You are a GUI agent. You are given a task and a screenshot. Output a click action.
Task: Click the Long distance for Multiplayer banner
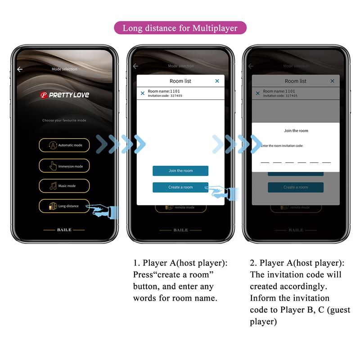click(180, 28)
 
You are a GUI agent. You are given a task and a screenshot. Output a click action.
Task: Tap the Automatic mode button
click(64, 145)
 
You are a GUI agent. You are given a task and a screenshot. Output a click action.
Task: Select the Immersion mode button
click(64, 166)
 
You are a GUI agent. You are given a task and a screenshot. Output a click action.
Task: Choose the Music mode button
click(64, 186)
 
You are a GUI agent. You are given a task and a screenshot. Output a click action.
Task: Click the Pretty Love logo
click(64, 95)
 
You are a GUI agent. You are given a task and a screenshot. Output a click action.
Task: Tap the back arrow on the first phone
click(20, 69)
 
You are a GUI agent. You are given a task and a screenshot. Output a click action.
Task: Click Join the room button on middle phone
click(180, 171)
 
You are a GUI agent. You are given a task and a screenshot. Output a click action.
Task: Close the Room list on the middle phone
click(217, 81)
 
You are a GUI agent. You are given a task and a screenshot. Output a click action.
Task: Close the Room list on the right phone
click(333, 81)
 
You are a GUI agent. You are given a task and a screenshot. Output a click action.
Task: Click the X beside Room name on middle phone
click(143, 93)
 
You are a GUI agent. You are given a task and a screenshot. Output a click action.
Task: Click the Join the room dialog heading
click(296, 130)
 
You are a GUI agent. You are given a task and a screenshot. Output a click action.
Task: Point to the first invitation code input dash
click(265, 162)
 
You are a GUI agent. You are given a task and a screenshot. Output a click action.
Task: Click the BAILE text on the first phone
click(64, 230)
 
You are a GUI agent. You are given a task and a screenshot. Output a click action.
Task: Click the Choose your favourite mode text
click(64, 121)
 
